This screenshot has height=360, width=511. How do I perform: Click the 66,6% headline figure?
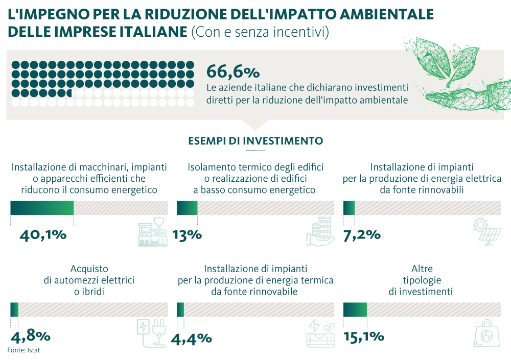pyautogui.click(x=233, y=71)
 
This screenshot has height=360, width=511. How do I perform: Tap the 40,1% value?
pyautogui.click(x=43, y=235)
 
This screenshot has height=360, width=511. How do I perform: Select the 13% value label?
pyautogui.click(x=188, y=235)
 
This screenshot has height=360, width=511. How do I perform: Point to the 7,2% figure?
pyautogui.click(x=362, y=235)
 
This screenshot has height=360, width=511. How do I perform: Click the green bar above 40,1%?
pyautogui.click(x=42, y=208)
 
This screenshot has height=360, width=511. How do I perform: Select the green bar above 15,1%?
pyautogui.click(x=355, y=309)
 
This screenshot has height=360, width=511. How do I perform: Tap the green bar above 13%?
pyautogui.click(x=187, y=208)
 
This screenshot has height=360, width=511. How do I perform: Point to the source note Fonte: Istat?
pyautogui.click(x=24, y=350)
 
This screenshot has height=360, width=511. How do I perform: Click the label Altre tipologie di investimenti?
pyautogui.click(x=421, y=280)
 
